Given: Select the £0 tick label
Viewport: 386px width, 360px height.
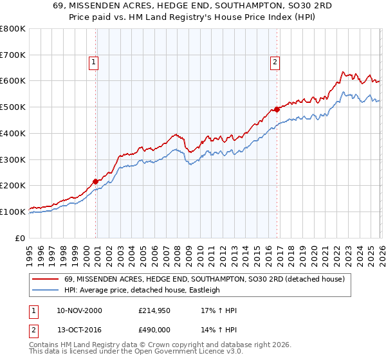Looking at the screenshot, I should coord(19,238).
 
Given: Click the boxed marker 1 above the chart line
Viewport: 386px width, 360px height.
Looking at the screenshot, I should coord(94,62).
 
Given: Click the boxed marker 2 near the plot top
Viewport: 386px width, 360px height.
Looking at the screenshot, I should coord(275,62).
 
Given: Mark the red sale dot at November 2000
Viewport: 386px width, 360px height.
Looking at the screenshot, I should coord(96,181).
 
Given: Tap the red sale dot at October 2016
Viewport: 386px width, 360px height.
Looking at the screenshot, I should coord(277,109).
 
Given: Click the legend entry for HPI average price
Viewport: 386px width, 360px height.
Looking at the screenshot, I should coord(142,290).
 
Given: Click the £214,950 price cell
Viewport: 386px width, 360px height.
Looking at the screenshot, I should coord(155,310).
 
